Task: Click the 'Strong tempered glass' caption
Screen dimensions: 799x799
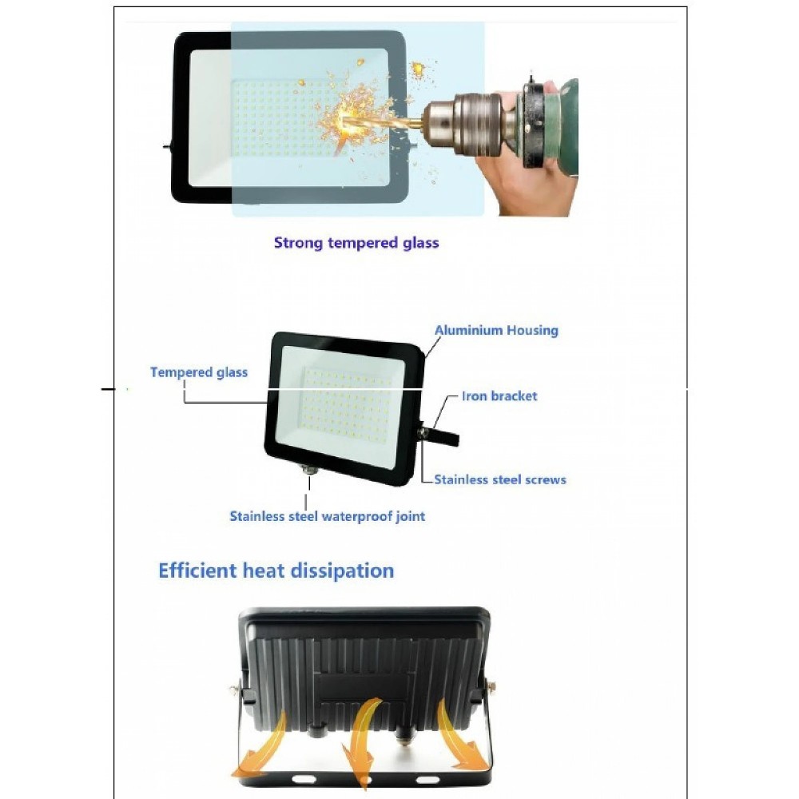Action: [x=356, y=243]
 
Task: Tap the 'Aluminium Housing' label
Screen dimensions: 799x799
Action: [x=496, y=330]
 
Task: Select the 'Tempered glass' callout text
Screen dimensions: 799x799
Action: [x=199, y=372]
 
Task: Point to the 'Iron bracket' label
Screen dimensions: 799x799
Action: [x=499, y=396]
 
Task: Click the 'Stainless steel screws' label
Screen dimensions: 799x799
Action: [x=500, y=479]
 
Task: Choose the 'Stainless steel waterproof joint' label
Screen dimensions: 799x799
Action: [x=327, y=516]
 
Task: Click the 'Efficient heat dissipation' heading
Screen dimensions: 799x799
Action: [x=276, y=570]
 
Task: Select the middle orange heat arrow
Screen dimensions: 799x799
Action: [x=363, y=744]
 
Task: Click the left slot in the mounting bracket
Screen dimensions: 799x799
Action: [x=304, y=779]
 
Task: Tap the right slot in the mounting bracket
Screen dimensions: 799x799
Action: [x=427, y=779]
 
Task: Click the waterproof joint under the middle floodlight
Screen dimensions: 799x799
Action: [x=308, y=468]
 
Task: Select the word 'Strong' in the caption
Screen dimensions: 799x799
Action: [x=298, y=244]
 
